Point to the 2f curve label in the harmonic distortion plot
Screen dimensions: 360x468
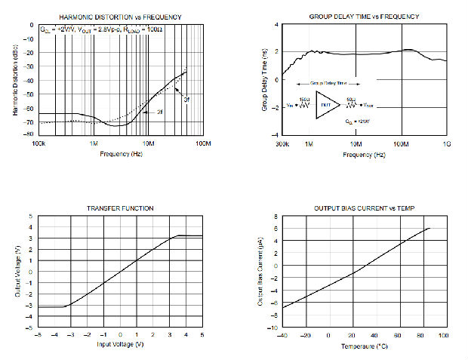point(160,112)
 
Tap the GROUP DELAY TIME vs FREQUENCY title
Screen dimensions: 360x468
point(364,16)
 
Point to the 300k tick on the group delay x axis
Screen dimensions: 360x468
point(280,142)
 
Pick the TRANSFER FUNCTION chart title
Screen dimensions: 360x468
point(120,208)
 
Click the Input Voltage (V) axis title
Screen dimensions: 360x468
point(119,345)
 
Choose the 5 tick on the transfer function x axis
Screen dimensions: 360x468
point(202,334)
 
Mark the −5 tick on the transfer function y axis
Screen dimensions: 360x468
point(30,328)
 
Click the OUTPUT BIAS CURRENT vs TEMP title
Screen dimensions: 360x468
point(364,208)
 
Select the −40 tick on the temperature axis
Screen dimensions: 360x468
point(282,334)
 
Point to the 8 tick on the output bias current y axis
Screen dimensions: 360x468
point(276,216)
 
